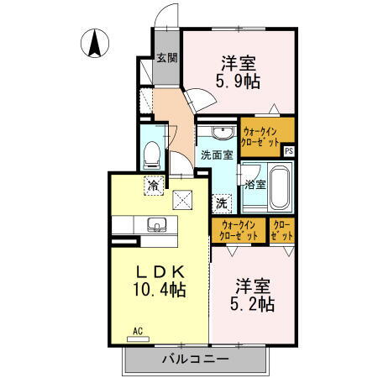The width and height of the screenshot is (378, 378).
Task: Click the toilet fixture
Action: click(x=152, y=154)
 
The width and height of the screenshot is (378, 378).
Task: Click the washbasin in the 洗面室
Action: click(x=222, y=134)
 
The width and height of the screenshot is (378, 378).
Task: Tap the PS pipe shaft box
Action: click(x=289, y=152)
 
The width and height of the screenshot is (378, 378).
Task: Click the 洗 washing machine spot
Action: click(x=221, y=202)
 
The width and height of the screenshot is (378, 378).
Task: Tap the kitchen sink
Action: click(x=156, y=224)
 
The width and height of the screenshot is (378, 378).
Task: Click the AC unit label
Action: click(x=137, y=333)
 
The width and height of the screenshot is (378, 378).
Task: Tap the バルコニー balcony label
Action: click(x=195, y=360)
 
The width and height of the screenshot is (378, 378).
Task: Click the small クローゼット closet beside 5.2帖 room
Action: click(x=281, y=231)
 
